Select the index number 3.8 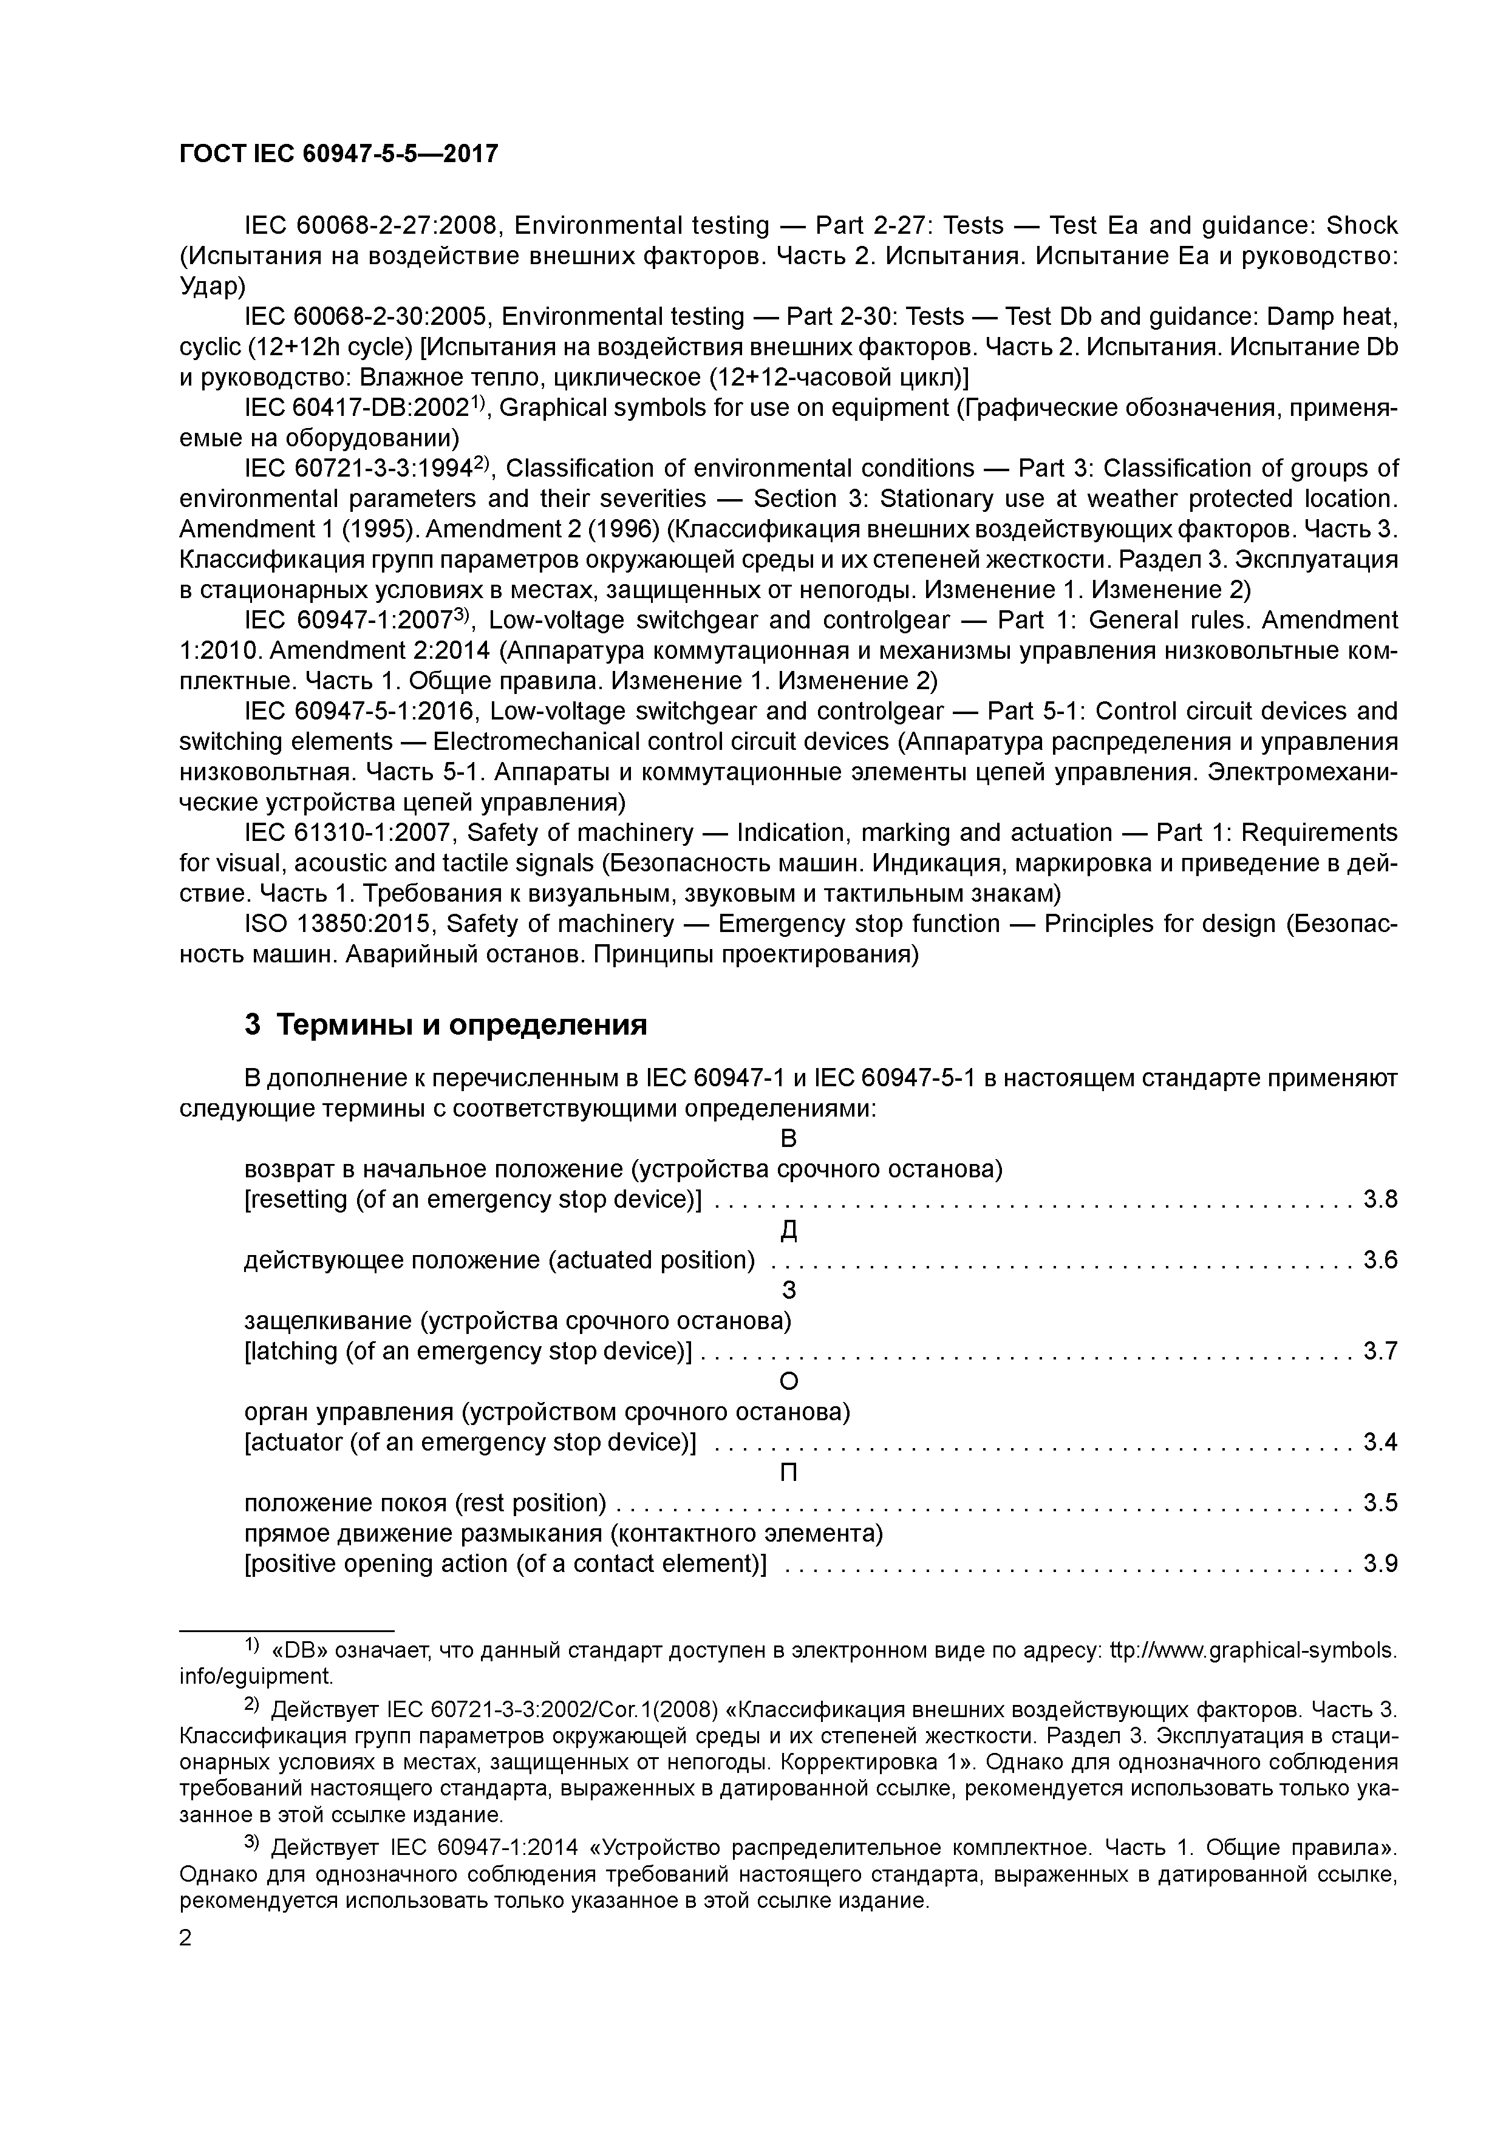[1380, 1200]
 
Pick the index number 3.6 [1380, 1260]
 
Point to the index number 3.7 [1380, 1351]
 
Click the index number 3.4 [1380, 1441]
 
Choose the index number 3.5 [1380, 1503]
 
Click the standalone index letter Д [789, 1230]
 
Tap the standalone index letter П [789, 1472]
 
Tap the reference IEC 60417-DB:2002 [357, 408]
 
